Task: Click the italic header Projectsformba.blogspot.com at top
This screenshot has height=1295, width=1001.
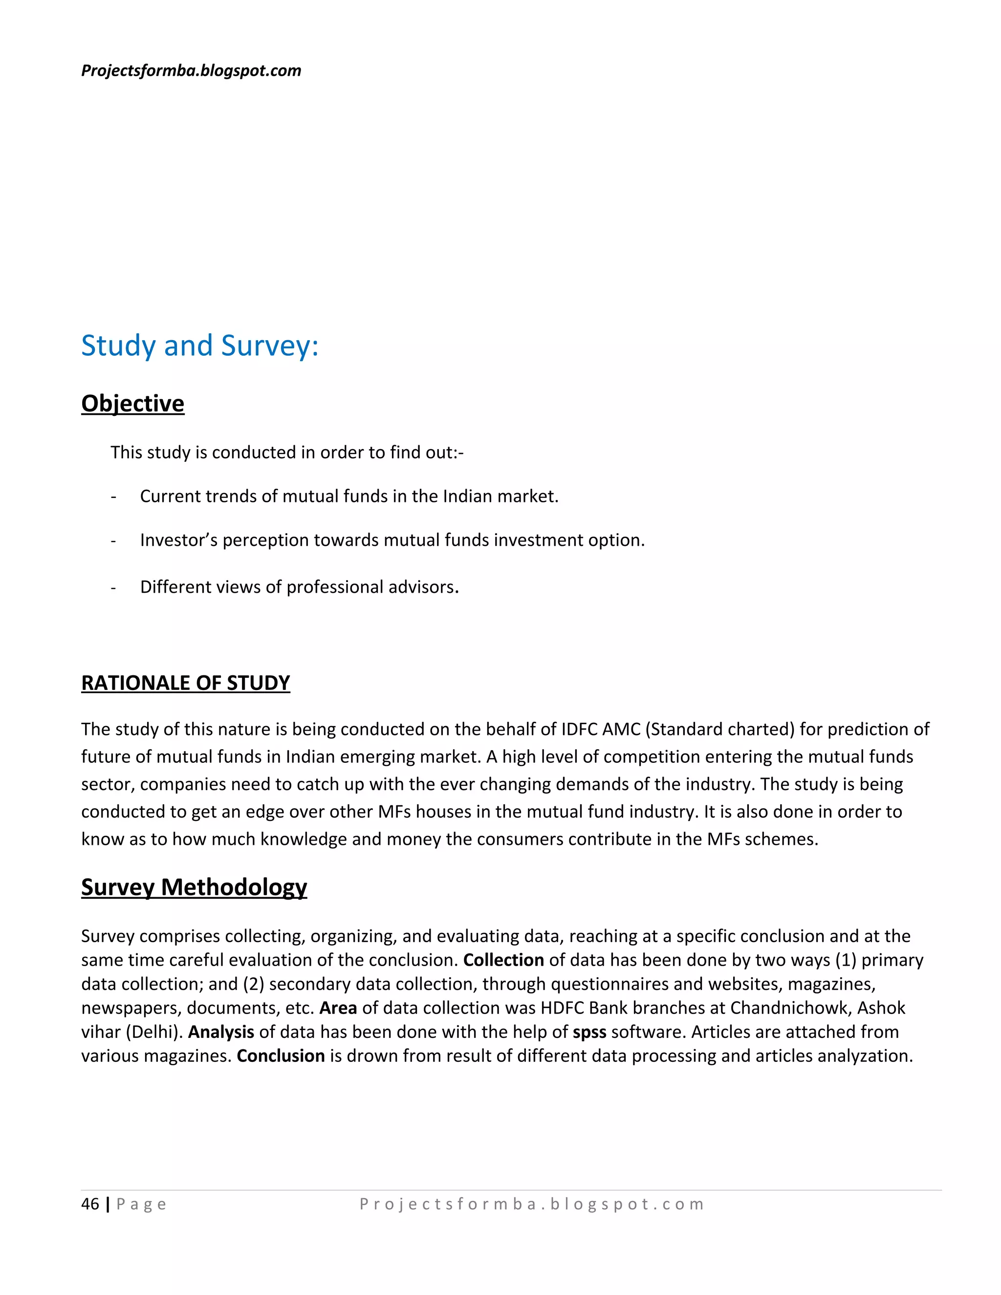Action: tap(191, 70)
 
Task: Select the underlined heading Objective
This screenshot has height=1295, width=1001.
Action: tap(133, 403)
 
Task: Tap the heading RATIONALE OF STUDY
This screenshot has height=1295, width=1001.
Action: tap(186, 683)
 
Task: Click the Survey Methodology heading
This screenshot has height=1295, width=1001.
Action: tap(194, 887)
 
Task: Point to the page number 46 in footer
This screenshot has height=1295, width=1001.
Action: tap(90, 1204)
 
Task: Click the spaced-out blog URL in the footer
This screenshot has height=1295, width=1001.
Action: tap(531, 1204)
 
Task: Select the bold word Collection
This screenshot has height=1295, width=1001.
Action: tap(503, 960)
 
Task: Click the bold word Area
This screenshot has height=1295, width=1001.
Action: tap(338, 1008)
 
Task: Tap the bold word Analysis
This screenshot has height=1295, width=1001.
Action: tap(221, 1032)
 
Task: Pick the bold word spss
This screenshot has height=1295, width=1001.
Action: tap(589, 1032)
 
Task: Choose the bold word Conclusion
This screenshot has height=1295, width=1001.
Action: tap(281, 1056)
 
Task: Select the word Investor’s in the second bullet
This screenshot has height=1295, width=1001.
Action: tap(178, 540)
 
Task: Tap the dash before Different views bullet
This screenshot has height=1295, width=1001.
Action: tap(113, 587)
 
